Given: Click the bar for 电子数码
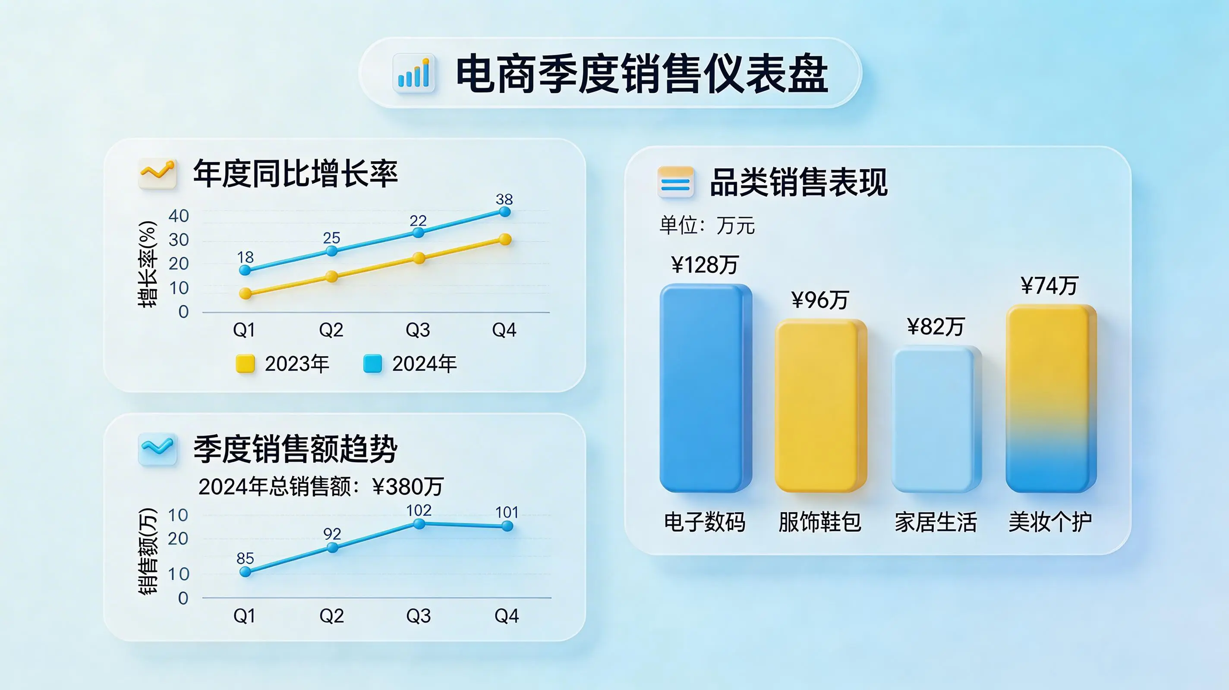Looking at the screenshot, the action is point(706,388).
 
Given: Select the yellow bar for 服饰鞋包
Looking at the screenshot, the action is point(821,406).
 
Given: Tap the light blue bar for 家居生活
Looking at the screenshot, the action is point(936,419).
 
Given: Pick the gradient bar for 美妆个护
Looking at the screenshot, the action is point(1051,398).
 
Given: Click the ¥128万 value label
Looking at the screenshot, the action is point(705,265).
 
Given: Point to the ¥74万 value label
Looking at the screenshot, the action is point(1049,285).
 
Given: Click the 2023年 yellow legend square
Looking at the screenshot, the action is point(245,364).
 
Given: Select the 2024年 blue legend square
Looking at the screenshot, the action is point(372,364).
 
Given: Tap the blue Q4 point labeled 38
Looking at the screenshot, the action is point(505,212).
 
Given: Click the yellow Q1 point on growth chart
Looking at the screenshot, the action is point(245,293).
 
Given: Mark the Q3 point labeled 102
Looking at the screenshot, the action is point(419,524).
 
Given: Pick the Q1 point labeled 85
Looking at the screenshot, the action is point(245,571).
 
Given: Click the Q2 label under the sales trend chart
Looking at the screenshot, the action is point(331,616).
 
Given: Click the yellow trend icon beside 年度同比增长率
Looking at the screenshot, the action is point(158,173).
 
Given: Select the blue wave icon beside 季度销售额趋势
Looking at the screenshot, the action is point(158,448).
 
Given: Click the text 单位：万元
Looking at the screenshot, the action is point(707,225).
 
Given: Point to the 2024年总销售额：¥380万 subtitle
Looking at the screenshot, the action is point(321,486).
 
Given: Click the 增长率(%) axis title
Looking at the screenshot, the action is point(148,264).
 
